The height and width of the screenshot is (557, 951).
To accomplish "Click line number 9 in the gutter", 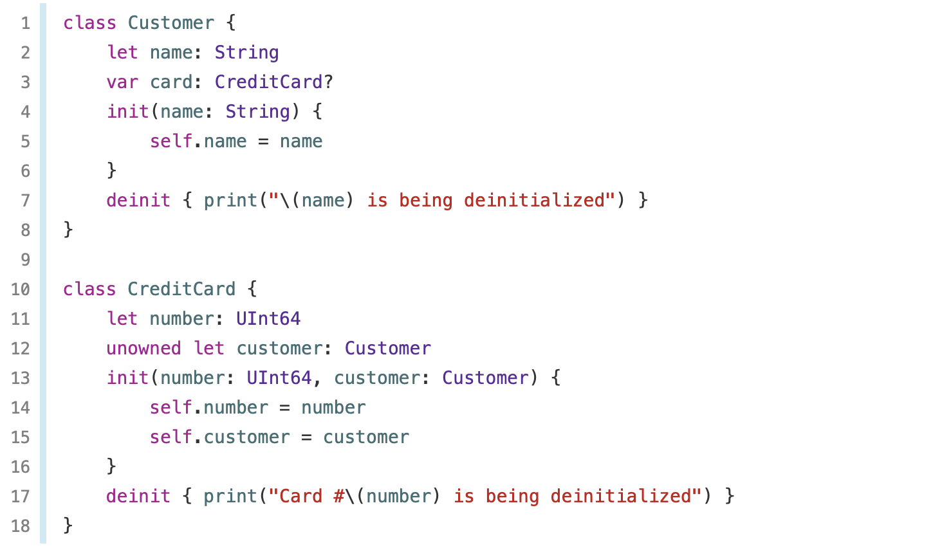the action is tap(25, 259).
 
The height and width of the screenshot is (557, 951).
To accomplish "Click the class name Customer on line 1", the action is tap(171, 23).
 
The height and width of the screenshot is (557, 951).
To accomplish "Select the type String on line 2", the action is tap(246, 52).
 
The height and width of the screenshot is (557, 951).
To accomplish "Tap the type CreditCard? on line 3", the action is tap(273, 82).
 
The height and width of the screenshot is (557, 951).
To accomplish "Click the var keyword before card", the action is tap(122, 82).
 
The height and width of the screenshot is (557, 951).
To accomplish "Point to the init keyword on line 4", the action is tap(127, 111).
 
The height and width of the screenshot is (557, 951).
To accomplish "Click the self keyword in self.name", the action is tap(171, 141).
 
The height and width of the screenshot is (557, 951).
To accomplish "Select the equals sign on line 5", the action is tap(263, 141).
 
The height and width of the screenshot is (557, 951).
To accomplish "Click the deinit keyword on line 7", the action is tap(138, 200).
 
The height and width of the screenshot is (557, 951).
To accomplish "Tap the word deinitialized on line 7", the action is tap(534, 200).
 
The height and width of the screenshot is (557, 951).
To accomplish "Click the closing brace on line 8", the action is tap(68, 230).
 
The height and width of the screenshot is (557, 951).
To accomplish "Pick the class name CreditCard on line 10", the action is tap(181, 289).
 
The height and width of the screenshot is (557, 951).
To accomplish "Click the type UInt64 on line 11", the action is tap(268, 318).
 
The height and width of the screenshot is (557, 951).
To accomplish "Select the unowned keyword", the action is tap(143, 348).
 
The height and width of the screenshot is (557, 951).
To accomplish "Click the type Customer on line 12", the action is tap(387, 348).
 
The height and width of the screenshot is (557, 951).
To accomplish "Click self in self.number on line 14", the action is tap(171, 407).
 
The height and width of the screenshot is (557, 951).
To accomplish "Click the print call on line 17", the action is tap(230, 496).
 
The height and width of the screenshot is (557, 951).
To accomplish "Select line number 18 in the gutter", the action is tap(21, 525).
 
